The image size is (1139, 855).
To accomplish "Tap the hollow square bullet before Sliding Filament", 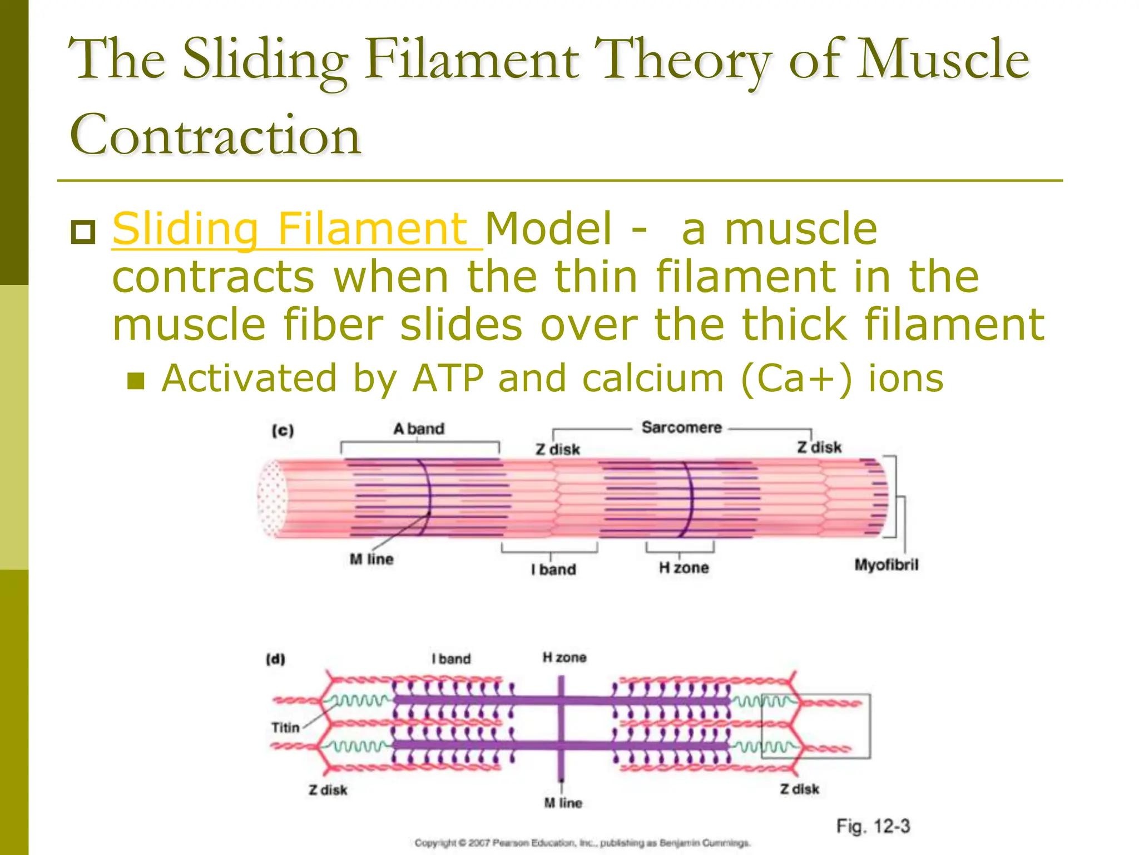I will (84, 232).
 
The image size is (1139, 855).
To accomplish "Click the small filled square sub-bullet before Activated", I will (136, 381).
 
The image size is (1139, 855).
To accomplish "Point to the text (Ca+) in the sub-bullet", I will (796, 379).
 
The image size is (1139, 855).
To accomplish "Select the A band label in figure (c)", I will (419, 429).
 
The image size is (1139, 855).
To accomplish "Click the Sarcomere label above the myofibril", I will (681, 427).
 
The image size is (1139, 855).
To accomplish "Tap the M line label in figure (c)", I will (372, 559).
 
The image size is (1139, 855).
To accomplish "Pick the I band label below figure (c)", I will (553, 569).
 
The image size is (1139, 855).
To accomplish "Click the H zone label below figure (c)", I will (684, 568).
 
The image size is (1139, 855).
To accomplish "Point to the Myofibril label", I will (886, 565).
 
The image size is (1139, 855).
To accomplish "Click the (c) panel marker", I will (283, 430).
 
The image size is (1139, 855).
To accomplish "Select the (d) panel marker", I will (275, 660).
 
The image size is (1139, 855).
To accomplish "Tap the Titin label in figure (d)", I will (285, 728).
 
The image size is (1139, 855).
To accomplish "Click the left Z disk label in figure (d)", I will (328, 790).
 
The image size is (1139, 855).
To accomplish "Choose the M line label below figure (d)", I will (563, 803).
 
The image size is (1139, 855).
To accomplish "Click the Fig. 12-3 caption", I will (873, 826).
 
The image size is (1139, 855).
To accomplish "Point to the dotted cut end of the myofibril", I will (272, 498).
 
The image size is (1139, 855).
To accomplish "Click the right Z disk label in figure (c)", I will (819, 448).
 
